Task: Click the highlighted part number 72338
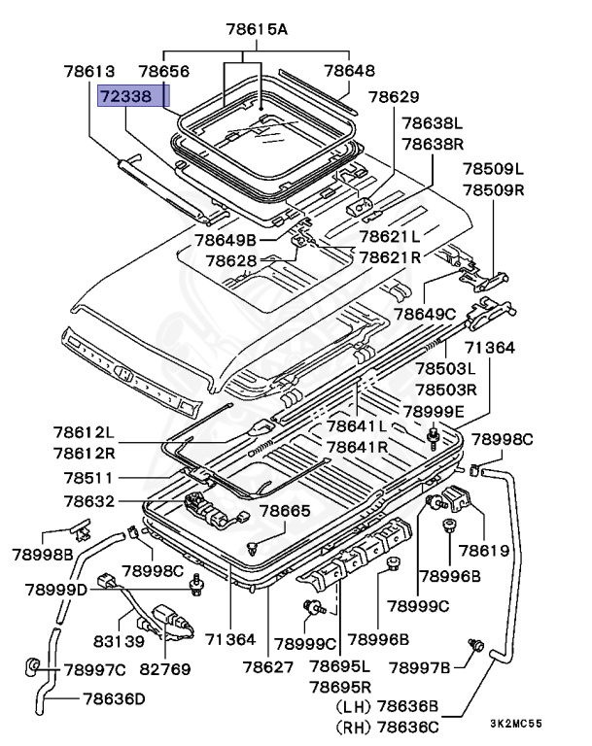(x=133, y=97)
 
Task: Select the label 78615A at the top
(x=256, y=30)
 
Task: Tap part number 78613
(x=89, y=72)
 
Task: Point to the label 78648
(x=348, y=72)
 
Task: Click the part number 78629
(x=394, y=97)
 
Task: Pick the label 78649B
(x=224, y=240)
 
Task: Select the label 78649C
(x=424, y=313)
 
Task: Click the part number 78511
(x=88, y=478)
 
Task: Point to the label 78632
(x=88, y=501)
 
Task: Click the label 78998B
(x=43, y=555)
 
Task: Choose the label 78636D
(x=114, y=697)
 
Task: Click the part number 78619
(x=483, y=551)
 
